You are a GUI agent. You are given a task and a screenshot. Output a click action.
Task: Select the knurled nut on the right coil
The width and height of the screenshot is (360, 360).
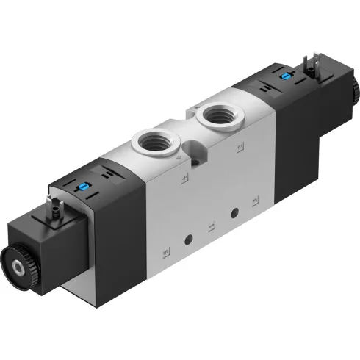pyautogui.click(x=354, y=94)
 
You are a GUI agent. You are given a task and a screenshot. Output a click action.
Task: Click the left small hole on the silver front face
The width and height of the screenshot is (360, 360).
pyautogui.click(x=190, y=238)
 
